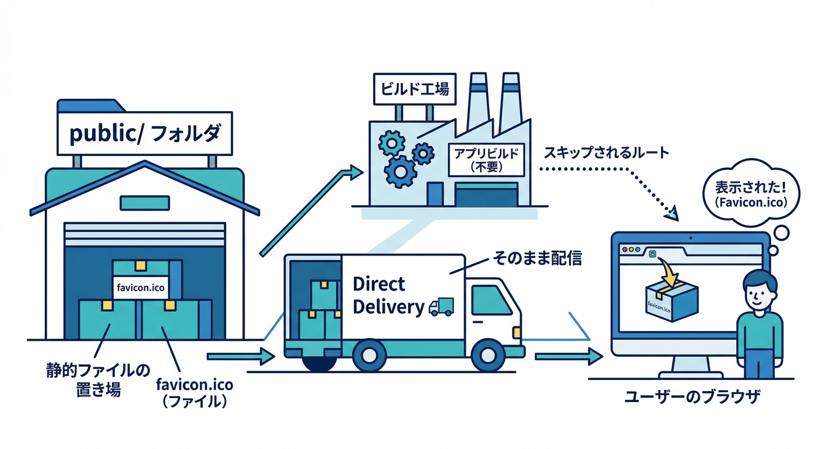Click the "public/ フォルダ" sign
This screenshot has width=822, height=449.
pos(145,134)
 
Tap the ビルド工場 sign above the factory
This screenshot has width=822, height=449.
pos(415,89)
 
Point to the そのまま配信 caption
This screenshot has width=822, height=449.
pos(537,257)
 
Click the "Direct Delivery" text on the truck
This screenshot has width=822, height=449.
pos(387,295)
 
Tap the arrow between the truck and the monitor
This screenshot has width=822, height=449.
pos(569,355)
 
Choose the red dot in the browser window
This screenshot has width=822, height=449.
pos(624,249)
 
